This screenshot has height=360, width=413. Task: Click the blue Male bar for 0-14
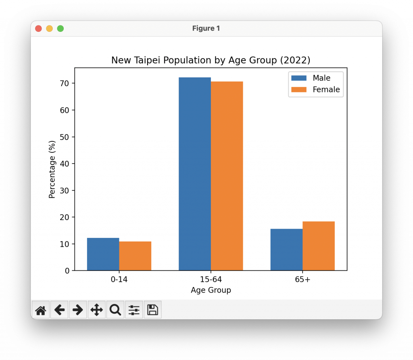103,254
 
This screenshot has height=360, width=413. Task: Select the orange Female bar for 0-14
135,256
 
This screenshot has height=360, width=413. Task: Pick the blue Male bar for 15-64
195,173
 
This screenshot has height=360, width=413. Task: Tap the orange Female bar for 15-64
227,176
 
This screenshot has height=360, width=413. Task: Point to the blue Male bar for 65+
286,250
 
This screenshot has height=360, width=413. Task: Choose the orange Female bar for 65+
319,246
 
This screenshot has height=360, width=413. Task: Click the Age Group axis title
211,290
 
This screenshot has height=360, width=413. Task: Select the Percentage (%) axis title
52,169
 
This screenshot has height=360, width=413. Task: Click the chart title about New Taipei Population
211,60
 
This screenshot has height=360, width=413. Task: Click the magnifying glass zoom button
115,310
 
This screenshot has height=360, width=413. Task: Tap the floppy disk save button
152,310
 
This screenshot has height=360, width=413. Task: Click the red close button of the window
39,29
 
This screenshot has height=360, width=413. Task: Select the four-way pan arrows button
96,310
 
